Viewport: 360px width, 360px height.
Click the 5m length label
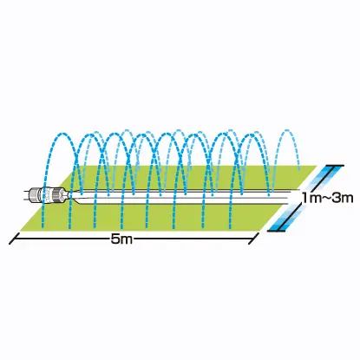pyautogui.click(x=121, y=239)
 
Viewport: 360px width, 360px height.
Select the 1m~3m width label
pyautogui.click(x=327, y=198)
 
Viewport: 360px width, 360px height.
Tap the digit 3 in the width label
pyautogui.click(x=336, y=198)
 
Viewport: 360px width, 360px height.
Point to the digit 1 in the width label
pyautogui.click(x=304, y=198)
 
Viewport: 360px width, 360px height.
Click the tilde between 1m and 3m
pyautogui.click(x=325, y=199)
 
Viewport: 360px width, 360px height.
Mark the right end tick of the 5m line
pyautogui.click(x=253, y=238)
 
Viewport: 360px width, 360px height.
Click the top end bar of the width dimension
pyautogui.click(x=335, y=166)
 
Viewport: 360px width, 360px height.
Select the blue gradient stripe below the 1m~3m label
pyautogui.click(x=284, y=218)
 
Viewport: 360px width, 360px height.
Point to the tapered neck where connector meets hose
pyautogui.click(x=72, y=195)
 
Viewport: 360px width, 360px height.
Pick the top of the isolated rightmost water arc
pyautogui.click(x=287, y=130)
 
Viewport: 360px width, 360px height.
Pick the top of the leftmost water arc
pyautogui.click(x=61, y=134)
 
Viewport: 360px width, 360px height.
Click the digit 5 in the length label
pyautogui.click(x=115, y=239)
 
